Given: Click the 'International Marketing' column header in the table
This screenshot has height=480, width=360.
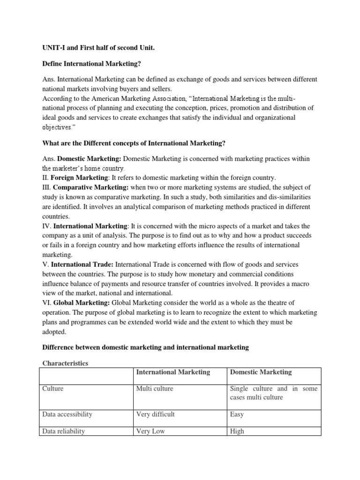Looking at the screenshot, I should [172, 372].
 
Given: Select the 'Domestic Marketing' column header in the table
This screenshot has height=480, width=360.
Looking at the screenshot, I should [260, 372].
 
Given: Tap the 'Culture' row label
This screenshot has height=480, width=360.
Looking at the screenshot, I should [52, 389].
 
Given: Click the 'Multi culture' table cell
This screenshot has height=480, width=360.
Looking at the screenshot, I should [155, 389].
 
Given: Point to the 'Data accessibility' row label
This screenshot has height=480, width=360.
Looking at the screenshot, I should [67, 414].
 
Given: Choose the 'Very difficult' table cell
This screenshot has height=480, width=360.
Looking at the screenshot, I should [156, 414].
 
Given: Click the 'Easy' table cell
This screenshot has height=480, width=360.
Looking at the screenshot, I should [237, 414].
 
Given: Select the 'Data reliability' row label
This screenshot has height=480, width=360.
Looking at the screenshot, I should [63, 431].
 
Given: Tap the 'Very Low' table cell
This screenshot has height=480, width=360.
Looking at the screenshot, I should [150, 431].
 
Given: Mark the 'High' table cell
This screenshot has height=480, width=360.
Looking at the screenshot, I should [237, 431].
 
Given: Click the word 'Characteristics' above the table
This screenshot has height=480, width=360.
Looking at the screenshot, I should [65, 363].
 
